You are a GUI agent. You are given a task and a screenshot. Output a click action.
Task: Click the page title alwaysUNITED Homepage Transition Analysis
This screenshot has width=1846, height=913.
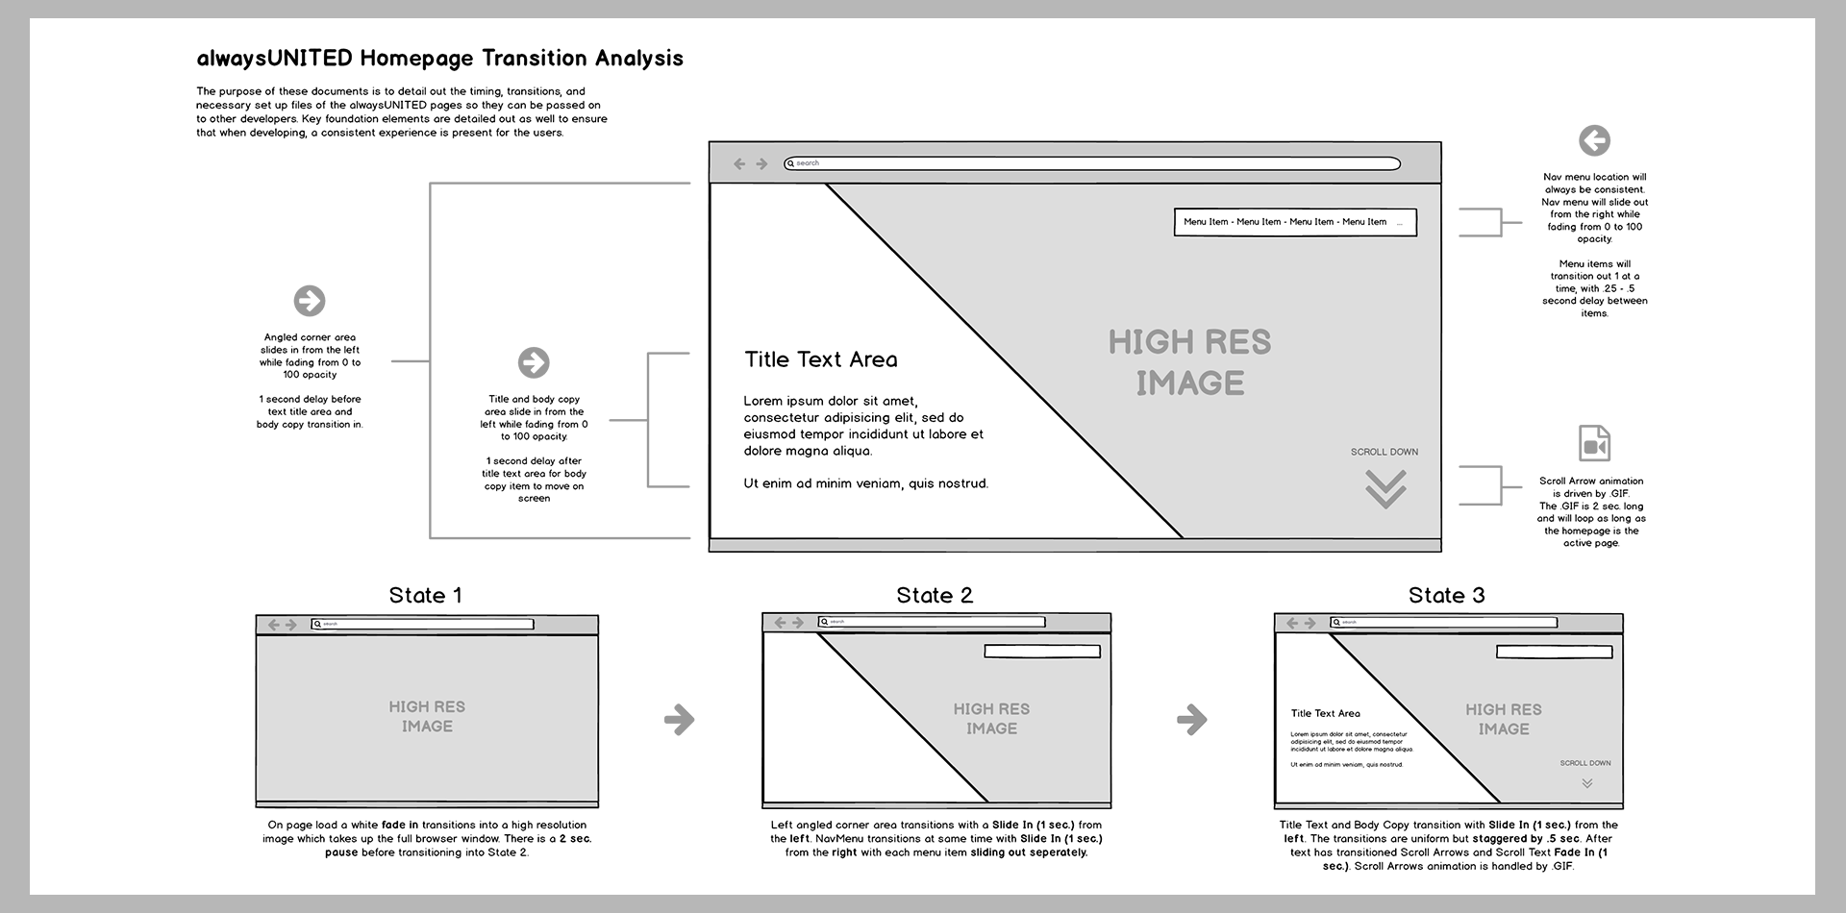[439, 59]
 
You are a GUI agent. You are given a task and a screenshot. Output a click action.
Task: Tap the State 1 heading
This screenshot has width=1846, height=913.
[425, 596]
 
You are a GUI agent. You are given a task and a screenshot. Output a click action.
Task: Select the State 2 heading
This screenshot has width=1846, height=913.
[935, 596]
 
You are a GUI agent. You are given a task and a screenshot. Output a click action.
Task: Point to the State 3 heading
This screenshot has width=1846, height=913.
[1446, 596]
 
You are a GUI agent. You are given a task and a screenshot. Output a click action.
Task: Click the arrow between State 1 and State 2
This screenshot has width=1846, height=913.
[679, 719]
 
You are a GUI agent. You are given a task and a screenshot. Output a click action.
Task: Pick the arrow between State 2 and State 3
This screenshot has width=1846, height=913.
[1191, 719]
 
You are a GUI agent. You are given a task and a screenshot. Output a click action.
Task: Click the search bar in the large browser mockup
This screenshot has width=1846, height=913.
[1091, 163]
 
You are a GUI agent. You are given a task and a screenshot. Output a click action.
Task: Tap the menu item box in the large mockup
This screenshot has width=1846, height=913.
[1294, 222]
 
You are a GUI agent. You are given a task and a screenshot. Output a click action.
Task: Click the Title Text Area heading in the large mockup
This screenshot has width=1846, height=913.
[820, 359]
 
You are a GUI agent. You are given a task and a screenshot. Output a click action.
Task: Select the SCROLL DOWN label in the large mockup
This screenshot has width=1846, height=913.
[1384, 452]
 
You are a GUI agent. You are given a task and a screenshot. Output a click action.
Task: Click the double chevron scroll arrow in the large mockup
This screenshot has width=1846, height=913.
[1385, 488]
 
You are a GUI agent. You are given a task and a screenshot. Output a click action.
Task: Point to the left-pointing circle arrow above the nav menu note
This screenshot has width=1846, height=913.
[1594, 141]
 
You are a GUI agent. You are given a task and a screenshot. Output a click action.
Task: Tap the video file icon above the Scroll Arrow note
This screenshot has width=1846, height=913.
[1594, 444]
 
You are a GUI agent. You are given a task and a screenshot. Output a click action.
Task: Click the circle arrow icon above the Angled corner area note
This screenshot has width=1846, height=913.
[310, 301]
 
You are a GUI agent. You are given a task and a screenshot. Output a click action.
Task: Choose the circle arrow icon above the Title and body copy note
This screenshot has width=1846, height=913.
[534, 362]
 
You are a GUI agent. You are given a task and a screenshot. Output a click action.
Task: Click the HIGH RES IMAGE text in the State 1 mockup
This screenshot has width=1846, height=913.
[427, 716]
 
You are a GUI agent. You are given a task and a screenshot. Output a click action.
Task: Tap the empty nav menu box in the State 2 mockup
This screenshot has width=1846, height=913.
[1041, 652]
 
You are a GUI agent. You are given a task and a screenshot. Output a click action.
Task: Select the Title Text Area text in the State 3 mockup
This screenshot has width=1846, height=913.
[1325, 713]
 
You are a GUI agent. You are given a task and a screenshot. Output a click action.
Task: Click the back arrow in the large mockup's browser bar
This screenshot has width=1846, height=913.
[739, 164]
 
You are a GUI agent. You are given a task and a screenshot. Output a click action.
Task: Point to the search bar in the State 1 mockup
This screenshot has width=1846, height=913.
[423, 625]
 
